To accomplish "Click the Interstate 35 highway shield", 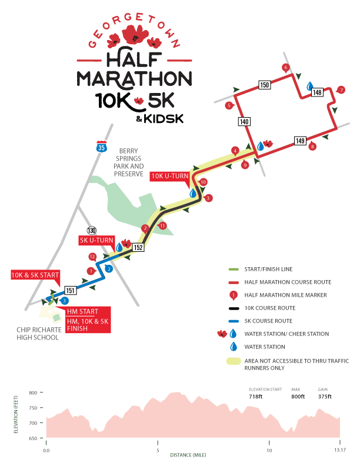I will pyautogui.click(x=102, y=147).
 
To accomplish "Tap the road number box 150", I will pyautogui.click(x=265, y=85).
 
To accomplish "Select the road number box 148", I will pyautogui.click(x=318, y=92).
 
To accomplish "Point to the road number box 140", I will pyautogui.click(x=245, y=122).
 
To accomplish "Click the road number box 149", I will pyautogui.click(x=300, y=141).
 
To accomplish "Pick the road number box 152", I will pyautogui.click(x=138, y=248).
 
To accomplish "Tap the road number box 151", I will pyautogui.click(x=70, y=290).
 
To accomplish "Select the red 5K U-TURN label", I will pyautogui.click(x=96, y=240).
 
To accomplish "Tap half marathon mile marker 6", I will pyautogui.click(x=286, y=68).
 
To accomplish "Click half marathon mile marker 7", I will pyautogui.click(x=341, y=90).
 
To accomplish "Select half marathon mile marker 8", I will pyautogui.click(x=312, y=146).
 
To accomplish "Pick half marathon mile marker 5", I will pyautogui.click(x=229, y=105).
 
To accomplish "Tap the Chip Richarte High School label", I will pyautogui.click(x=38, y=334).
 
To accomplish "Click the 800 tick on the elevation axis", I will pyautogui.click(x=33, y=392).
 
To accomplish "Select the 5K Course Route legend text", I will pyautogui.click(x=260, y=321).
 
